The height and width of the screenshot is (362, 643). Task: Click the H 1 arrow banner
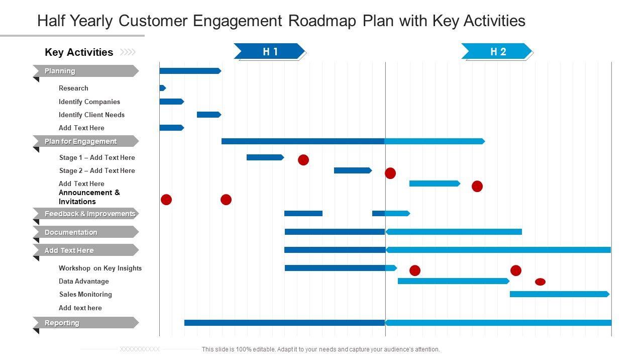(x=270, y=51)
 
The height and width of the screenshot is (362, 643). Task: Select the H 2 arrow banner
(x=497, y=51)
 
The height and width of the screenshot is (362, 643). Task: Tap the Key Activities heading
(x=79, y=52)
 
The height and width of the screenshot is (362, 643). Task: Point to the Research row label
(x=73, y=88)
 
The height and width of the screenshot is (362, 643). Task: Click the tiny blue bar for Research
(x=162, y=88)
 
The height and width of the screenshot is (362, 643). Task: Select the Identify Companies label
(x=89, y=102)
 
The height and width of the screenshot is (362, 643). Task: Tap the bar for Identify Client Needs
(x=208, y=115)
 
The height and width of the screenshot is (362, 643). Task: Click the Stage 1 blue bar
(x=265, y=157)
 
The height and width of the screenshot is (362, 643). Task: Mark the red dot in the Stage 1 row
(x=303, y=160)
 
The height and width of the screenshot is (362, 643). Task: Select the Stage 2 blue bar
(x=352, y=170)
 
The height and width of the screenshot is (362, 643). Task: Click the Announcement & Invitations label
(x=89, y=197)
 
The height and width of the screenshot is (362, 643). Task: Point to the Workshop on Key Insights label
(x=100, y=268)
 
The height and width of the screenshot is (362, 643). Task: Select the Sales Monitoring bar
(x=559, y=294)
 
